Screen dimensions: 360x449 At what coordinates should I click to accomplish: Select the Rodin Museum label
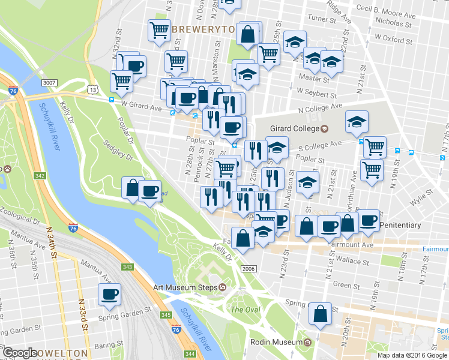tap(276, 342)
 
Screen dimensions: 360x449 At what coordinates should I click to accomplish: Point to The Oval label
tap(245, 310)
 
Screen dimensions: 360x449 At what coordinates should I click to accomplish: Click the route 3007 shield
tap(49, 82)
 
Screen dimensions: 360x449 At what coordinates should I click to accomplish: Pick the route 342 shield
tap(40, 176)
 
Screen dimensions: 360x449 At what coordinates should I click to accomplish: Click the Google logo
tap(20, 353)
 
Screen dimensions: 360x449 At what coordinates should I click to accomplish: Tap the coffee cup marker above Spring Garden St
tap(109, 295)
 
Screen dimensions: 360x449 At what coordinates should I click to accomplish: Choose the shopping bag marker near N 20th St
tap(321, 313)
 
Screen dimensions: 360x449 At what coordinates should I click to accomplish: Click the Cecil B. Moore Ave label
tap(398, 9)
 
